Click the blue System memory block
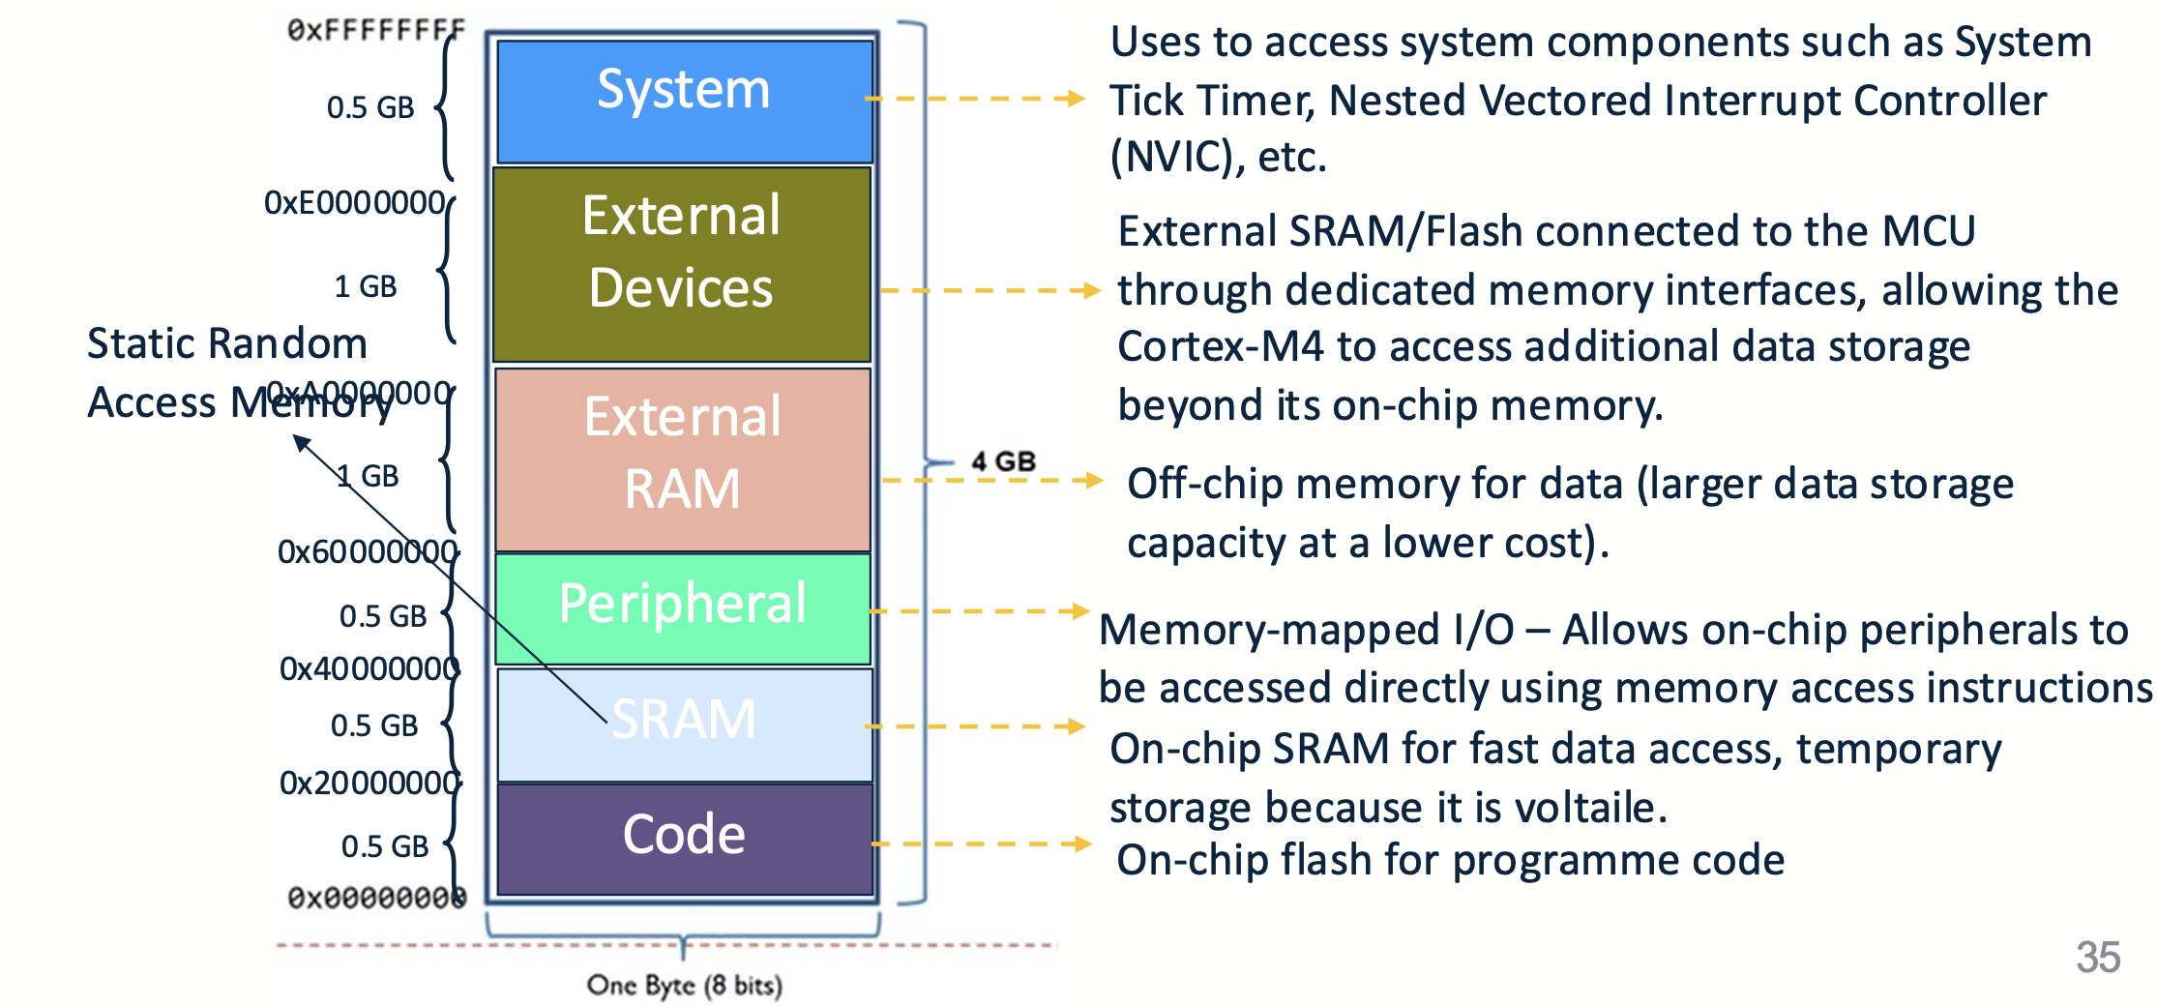(684, 101)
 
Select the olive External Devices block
(682, 263)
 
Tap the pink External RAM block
(683, 459)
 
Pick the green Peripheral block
(683, 607)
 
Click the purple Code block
(684, 838)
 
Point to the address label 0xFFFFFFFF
(375, 30)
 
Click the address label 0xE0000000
(354, 202)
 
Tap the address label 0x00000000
(376, 899)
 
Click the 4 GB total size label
(1003, 461)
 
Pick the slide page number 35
(2097, 957)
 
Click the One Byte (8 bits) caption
(684, 986)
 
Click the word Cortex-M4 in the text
(1220, 347)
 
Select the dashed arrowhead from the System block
(1074, 99)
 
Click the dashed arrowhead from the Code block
(1081, 843)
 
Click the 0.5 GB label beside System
(370, 107)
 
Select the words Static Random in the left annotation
(227, 343)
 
